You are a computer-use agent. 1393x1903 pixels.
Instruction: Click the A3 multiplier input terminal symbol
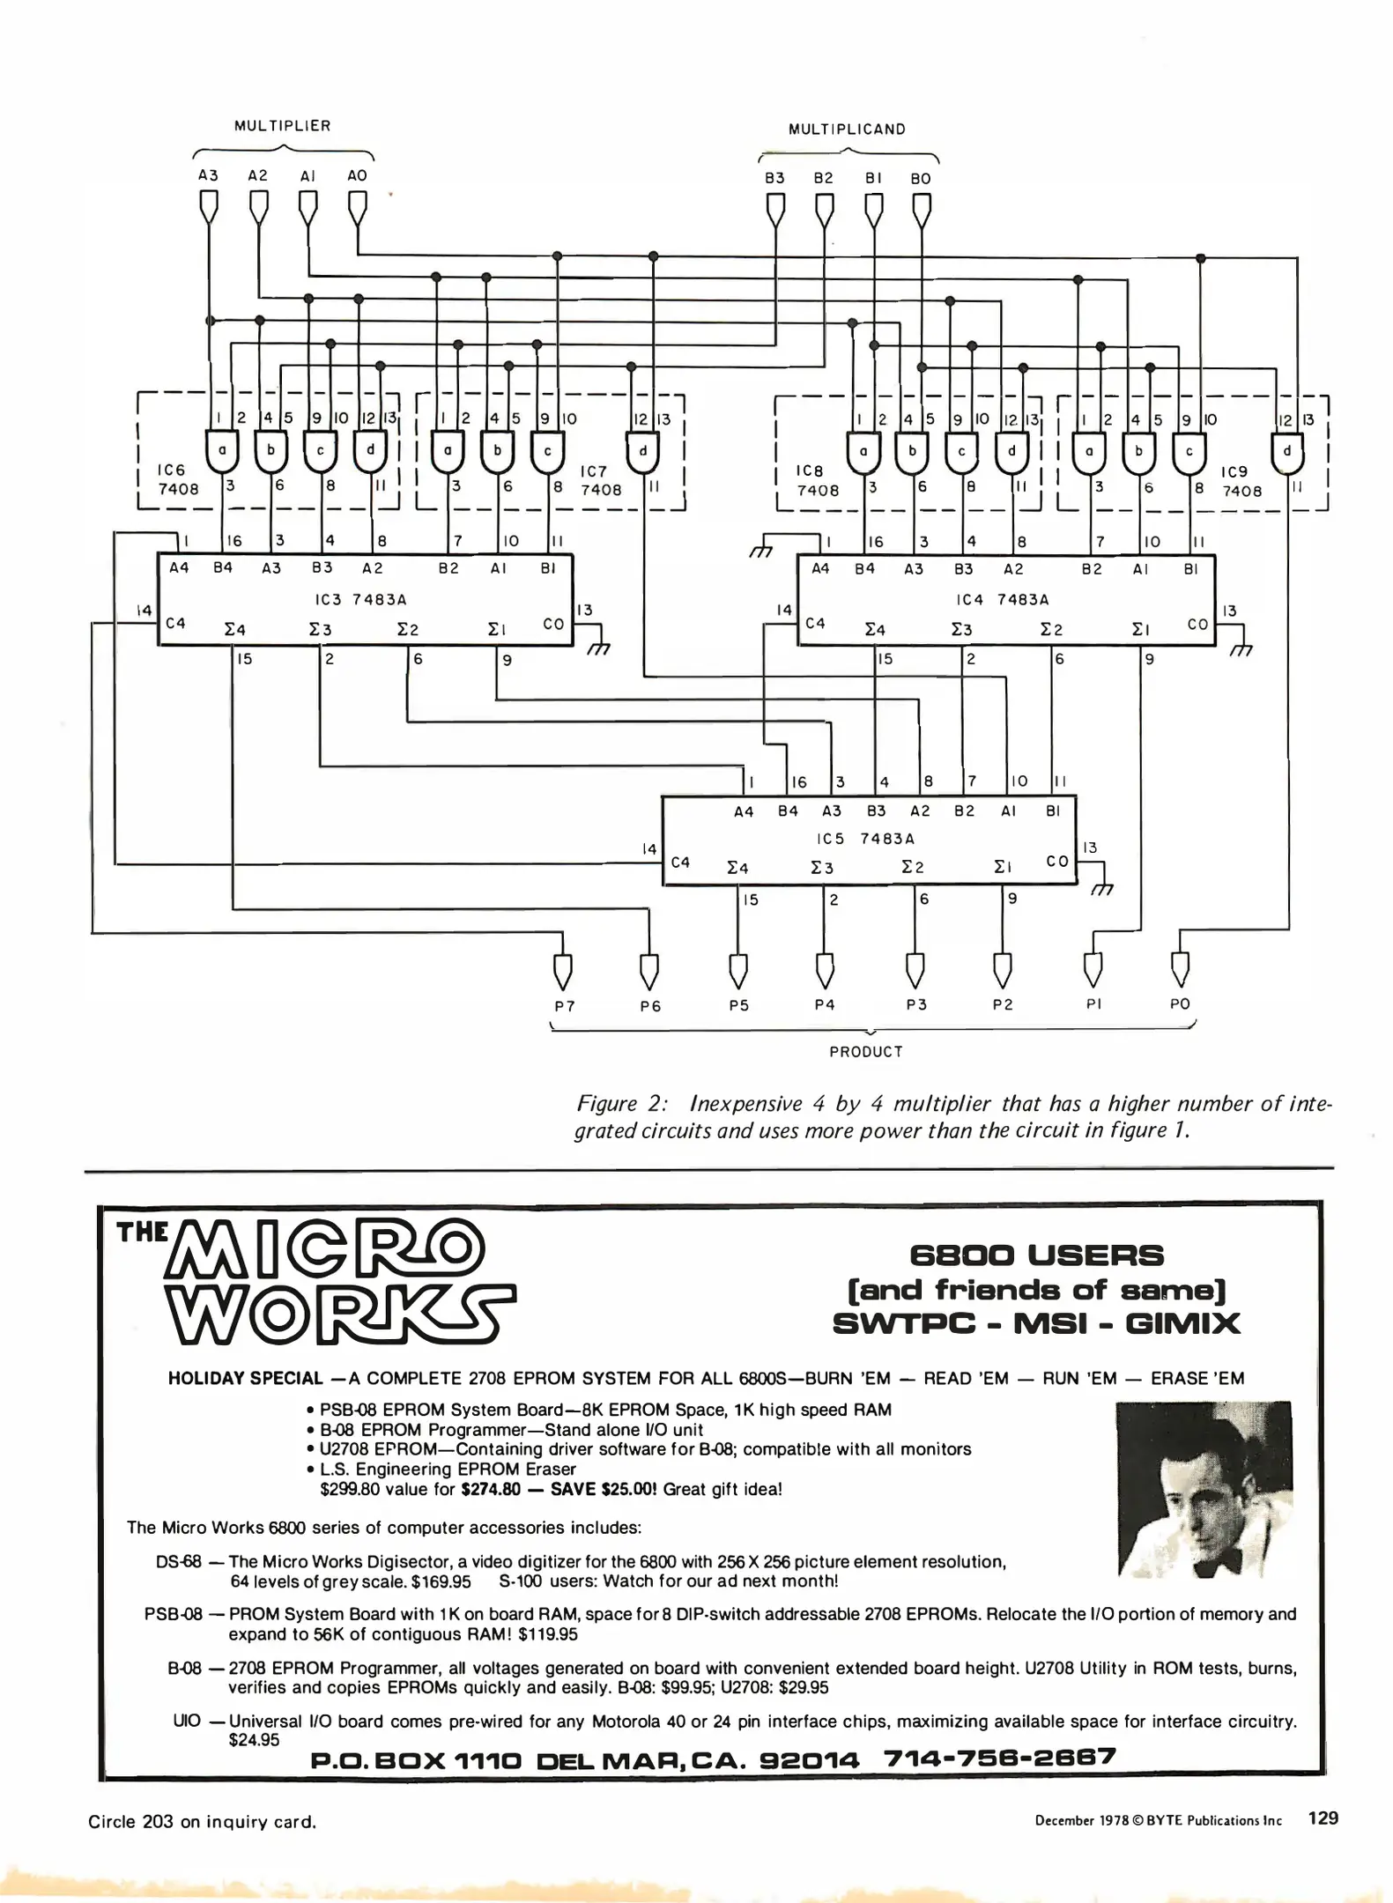[x=208, y=207]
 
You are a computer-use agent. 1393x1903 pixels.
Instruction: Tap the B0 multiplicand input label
[x=920, y=179]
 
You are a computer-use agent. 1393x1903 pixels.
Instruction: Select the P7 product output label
[x=565, y=1006]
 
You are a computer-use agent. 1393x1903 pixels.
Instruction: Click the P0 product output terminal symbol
[x=1180, y=968]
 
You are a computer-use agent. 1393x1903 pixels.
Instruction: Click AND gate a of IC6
[x=223, y=451]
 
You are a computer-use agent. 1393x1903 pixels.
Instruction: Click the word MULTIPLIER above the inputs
[x=282, y=126]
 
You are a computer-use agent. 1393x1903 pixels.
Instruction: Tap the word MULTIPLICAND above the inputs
[x=847, y=130]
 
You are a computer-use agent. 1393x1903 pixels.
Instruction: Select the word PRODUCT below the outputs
[x=866, y=1052]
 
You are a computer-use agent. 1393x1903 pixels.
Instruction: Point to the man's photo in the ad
[x=1204, y=1489]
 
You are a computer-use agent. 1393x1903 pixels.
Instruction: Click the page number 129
[x=1323, y=1818]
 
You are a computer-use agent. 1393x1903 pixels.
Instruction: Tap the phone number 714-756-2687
[x=999, y=1758]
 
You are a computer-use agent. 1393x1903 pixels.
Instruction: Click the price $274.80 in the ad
[x=490, y=1490]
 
